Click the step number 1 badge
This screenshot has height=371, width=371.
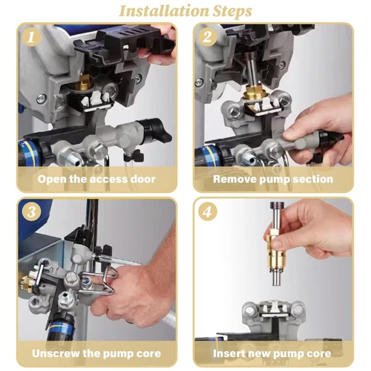tap(29, 37)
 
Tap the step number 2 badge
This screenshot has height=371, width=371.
tap(207, 37)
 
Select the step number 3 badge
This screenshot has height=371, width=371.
tap(29, 211)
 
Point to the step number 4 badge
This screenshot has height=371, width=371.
tap(207, 211)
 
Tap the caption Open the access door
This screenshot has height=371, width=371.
tap(96, 179)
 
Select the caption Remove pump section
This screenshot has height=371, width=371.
tap(273, 179)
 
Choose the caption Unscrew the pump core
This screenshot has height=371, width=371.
tap(96, 352)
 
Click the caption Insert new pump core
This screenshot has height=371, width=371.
tap(273, 352)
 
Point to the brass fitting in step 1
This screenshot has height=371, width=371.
tap(80, 99)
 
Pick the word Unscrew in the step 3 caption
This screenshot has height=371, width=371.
tap(57, 352)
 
